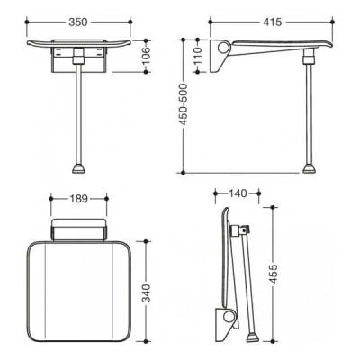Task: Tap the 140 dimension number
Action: click(238, 193)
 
